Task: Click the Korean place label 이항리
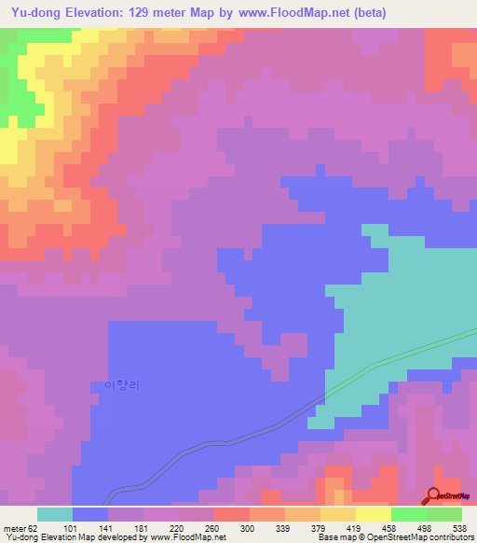pos(120,384)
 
